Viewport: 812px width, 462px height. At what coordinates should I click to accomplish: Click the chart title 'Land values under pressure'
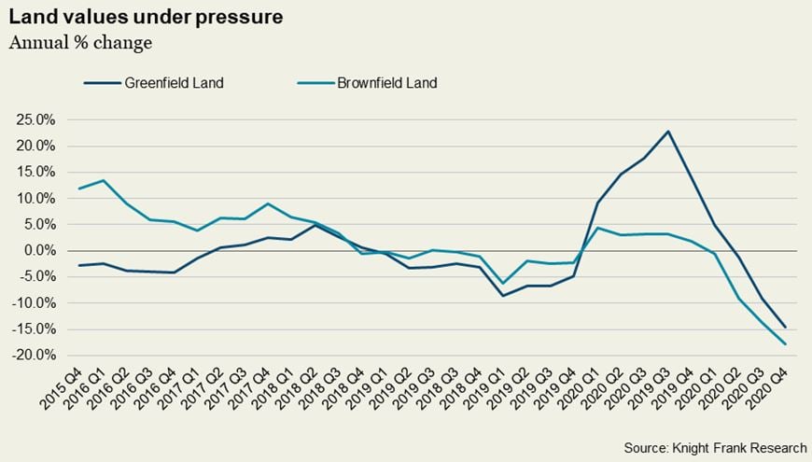(147, 18)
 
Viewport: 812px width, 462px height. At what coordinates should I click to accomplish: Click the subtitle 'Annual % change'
(80, 43)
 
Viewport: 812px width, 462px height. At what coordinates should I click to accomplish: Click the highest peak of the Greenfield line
(668, 131)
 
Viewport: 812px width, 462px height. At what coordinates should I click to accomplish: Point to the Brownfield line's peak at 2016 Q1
(103, 180)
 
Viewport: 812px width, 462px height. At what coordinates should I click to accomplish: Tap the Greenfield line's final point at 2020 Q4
(785, 328)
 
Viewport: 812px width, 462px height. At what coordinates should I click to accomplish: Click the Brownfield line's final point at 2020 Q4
(785, 344)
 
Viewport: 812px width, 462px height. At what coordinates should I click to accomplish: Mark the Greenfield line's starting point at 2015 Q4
(79, 266)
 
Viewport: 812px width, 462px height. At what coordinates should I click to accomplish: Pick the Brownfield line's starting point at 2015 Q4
(79, 189)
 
